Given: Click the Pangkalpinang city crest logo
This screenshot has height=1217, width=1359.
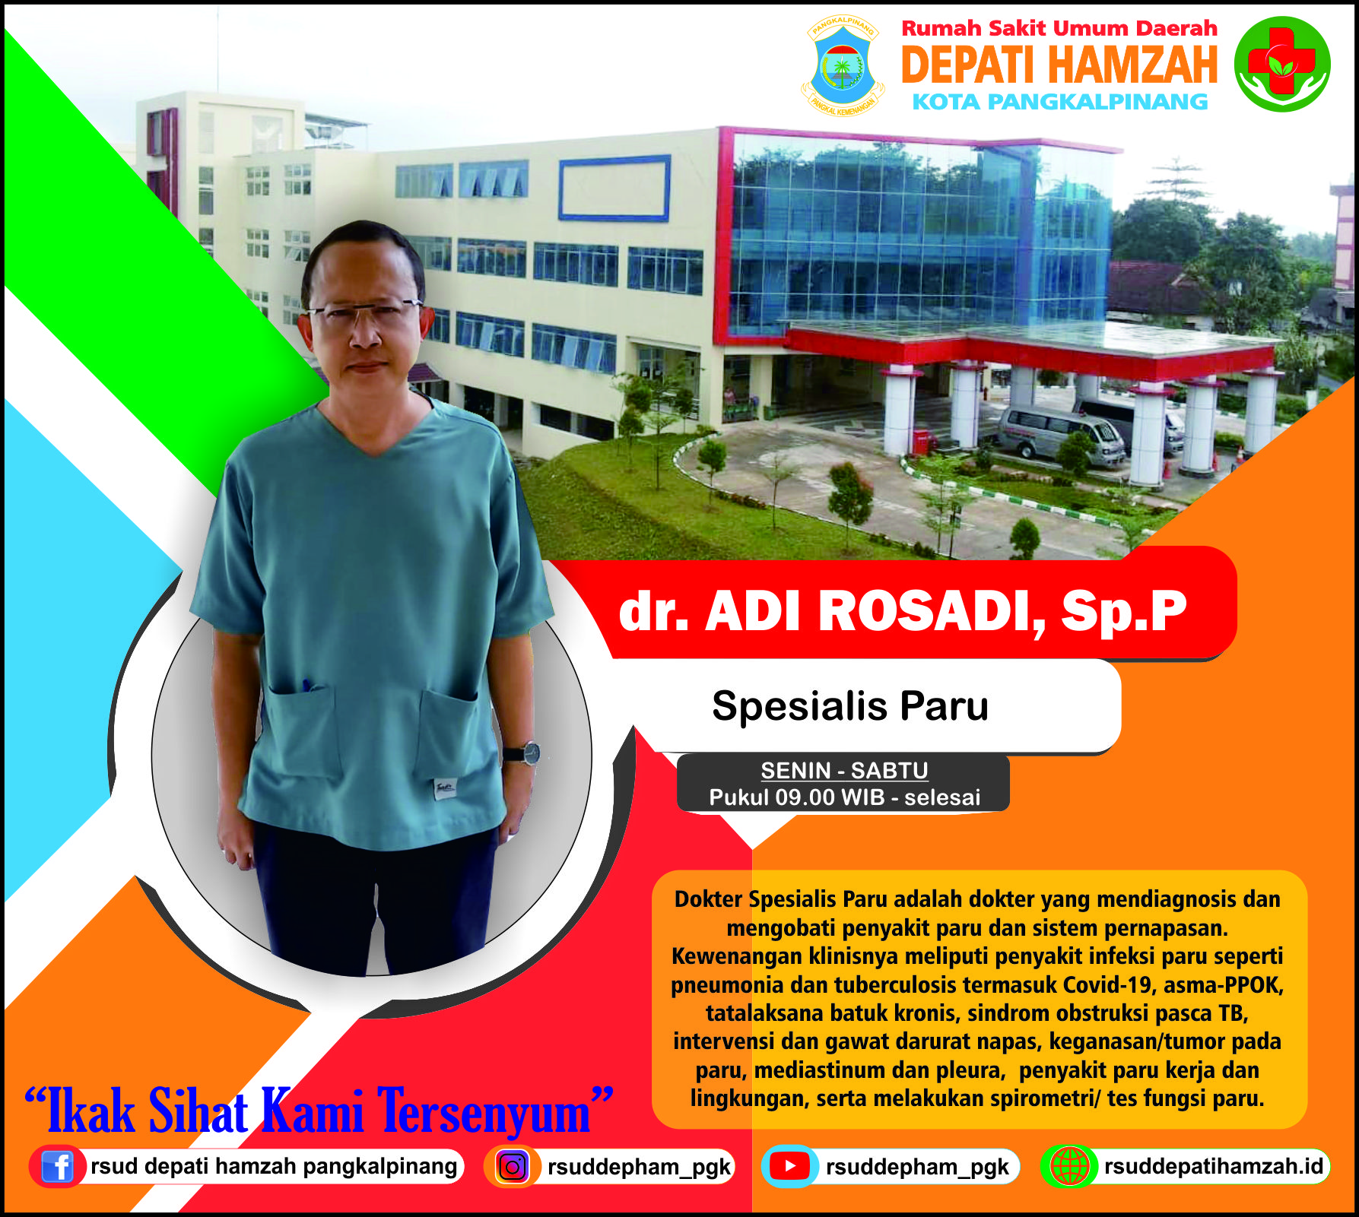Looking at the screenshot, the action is (x=843, y=66).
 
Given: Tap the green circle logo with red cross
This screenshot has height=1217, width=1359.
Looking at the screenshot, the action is (x=1281, y=64).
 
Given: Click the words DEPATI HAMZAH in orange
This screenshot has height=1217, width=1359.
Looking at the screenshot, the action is (x=1059, y=65).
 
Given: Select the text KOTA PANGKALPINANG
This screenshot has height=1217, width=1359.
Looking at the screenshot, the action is (x=1060, y=102).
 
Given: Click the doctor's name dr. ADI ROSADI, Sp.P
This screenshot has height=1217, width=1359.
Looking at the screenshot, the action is (x=903, y=611).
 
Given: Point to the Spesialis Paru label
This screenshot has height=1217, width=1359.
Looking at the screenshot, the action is (x=850, y=705).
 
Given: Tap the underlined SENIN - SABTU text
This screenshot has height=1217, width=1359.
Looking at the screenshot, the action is (x=844, y=770).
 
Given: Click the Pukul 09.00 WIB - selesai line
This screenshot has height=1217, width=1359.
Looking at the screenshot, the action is (x=844, y=797).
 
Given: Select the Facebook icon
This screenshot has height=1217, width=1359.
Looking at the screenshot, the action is (x=57, y=1166).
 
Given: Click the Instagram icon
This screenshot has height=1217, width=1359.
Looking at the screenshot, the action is (x=513, y=1167).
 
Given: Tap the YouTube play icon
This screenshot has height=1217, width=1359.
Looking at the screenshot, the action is (x=789, y=1166).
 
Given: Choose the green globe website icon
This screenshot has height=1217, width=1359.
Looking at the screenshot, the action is (x=1069, y=1166).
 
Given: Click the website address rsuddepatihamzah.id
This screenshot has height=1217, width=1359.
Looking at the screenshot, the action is (x=1214, y=1166).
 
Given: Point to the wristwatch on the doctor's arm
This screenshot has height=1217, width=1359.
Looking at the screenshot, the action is (x=525, y=753).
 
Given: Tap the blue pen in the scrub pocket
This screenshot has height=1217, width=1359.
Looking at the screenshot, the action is (x=306, y=685).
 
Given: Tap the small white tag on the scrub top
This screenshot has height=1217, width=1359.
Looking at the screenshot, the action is (x=445, y=788).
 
